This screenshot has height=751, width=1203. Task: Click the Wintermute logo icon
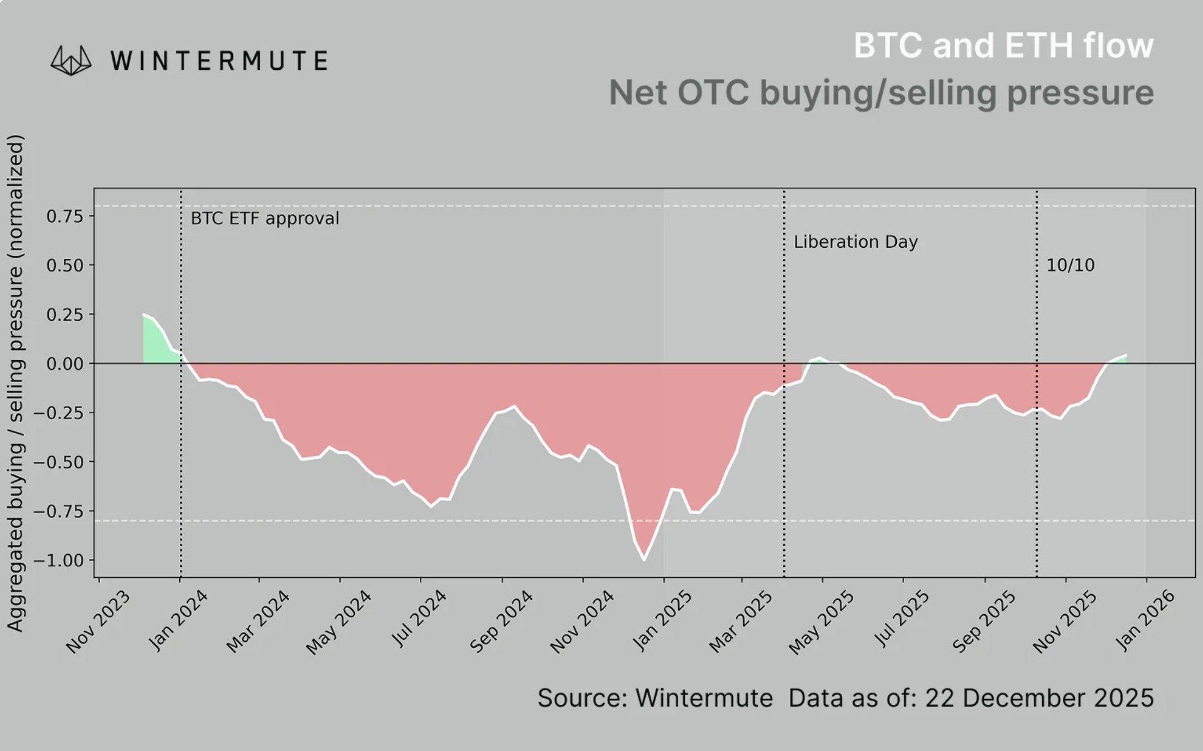pos(71,61)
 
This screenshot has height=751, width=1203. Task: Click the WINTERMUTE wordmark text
pos(219,61)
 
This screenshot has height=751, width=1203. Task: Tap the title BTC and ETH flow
pos(1003,45)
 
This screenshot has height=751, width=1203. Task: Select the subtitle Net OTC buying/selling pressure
pos(881,93)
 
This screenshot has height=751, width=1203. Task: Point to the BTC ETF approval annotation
pos(265,218)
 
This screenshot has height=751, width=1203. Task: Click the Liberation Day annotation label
pos(855,242)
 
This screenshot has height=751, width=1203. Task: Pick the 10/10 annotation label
pos(1070,265)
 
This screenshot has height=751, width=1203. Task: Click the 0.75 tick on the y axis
pos(64,216)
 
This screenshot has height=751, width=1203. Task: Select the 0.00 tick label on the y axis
pos(64,364)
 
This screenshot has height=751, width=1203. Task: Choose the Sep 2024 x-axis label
pos(501,621)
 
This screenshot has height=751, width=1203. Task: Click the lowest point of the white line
pos(644,560)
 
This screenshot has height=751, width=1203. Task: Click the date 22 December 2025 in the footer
pos(1039,698)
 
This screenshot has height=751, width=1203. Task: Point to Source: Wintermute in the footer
pos(655,698)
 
